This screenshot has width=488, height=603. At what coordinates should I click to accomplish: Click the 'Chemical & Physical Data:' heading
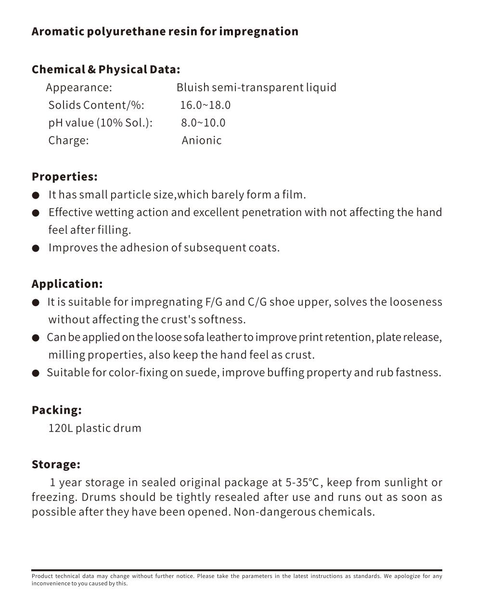(106, 69)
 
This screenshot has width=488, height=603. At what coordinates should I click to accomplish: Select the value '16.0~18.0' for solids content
(205, 105)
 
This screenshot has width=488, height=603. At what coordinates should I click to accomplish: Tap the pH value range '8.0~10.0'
(203, 123)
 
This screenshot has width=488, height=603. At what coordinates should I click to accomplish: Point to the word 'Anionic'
(202, 141)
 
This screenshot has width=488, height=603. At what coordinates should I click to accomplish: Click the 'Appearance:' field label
(79, 88)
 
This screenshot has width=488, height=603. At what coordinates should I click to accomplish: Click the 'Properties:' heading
(64, 177)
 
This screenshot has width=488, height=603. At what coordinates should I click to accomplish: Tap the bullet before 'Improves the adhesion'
(36, 248)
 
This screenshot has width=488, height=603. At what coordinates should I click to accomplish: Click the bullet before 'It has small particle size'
(36, 195)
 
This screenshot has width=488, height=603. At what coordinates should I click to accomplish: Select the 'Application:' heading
(67, 284)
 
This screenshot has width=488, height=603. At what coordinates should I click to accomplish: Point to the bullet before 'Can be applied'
(36, 338)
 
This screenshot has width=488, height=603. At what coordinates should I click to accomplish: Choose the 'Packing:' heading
(57, 410)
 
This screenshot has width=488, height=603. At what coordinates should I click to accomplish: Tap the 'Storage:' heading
(56, 464)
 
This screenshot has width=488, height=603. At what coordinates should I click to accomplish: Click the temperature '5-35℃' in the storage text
(302, 482)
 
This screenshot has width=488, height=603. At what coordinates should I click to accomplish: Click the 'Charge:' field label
(68, 141)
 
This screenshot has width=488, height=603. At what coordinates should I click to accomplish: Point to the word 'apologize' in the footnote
(407, 576)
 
